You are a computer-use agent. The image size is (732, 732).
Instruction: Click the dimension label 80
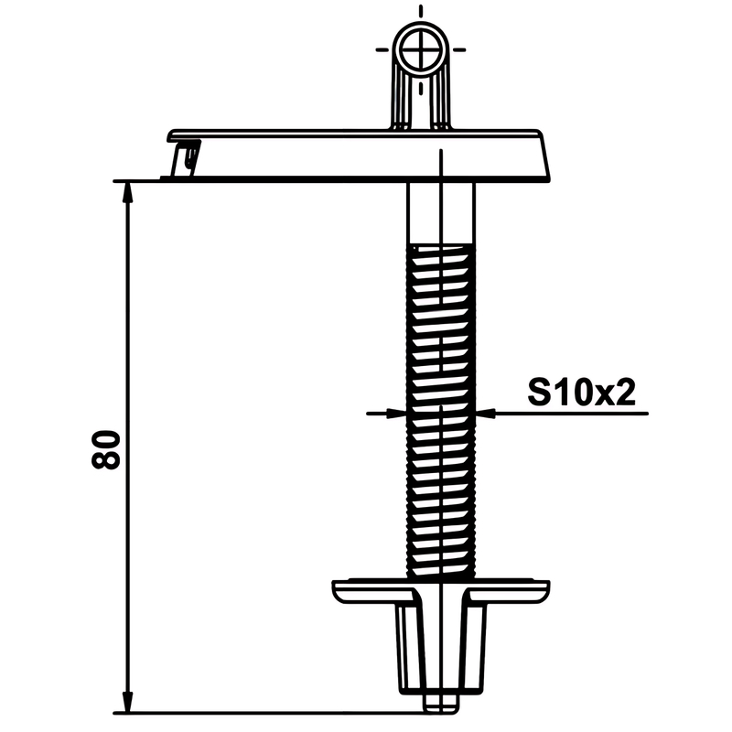(x=105, y=449)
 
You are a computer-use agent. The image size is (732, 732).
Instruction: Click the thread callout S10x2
(x=581, y=393)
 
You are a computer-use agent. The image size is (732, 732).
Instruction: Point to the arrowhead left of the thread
(x=395, y=414)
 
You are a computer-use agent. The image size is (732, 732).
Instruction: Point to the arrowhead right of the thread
(x=486, y=414)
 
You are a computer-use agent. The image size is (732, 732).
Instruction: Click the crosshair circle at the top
(x=421, y=49)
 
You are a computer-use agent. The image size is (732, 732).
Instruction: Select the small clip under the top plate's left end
(x=186, y=157)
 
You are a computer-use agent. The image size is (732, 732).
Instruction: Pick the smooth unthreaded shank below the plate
(x=441, y=212)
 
